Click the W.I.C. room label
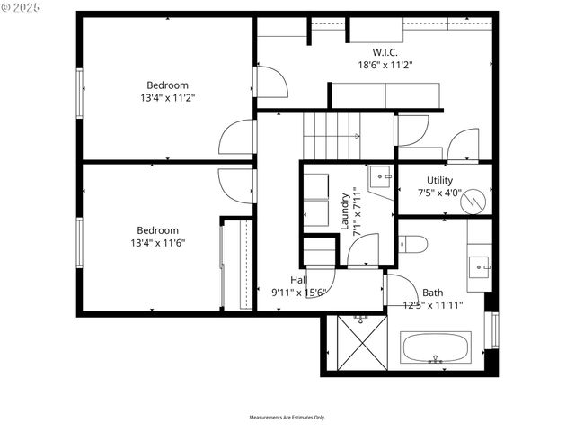coord(374,52)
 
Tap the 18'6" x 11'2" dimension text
coord(374,65)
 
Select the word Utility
coord(439,180)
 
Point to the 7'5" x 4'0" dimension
coord(439,193)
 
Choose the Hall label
coord(298,280)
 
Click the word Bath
coord(433,292)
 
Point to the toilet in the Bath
coord(413,243)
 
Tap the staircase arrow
coord(357,137)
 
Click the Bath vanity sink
coord(480,265)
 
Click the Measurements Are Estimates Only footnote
coord(287,418)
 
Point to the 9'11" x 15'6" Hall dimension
coord(298,292)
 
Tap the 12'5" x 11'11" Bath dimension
coord(433,305)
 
